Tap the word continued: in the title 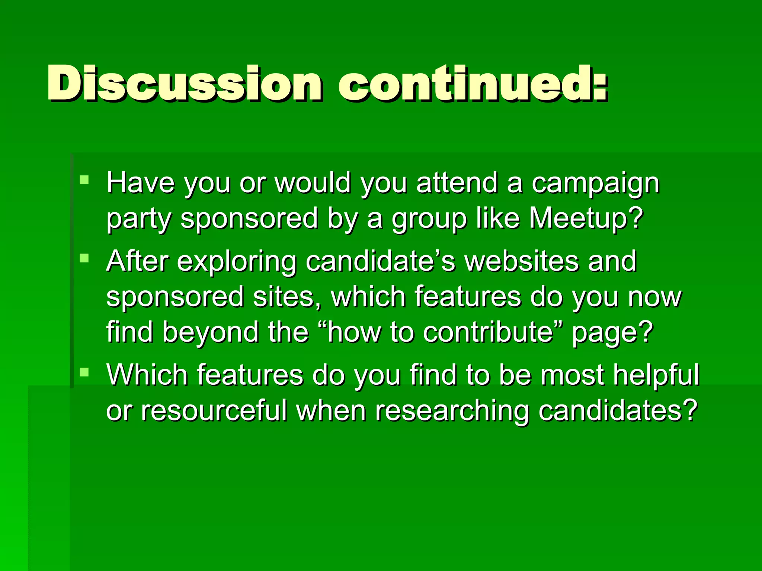[473, 84]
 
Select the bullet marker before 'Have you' [84, 180]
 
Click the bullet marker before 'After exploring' [84, 258]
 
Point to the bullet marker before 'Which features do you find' [84, 372]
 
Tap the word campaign [595, 184]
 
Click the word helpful [656, 375]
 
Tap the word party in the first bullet [139, 219]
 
